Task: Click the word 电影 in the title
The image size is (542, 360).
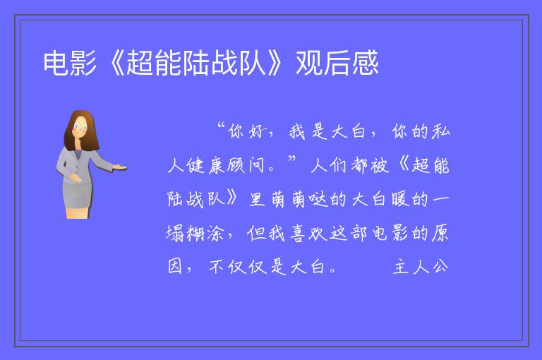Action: click(x=70, y=63)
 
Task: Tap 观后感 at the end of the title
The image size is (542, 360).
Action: click(x=337, y=63)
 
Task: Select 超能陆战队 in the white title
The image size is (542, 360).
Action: click(x=196, y=63)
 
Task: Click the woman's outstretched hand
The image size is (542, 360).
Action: click(x=119, y=167)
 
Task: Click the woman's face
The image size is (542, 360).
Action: click(x=80, y=127)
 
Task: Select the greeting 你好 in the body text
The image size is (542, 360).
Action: click(x=248, y=131)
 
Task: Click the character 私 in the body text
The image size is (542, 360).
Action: click(x=440, y=131)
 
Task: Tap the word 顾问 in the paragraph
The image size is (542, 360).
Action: click(x=246, y=165)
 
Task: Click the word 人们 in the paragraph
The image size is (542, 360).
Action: click(x=330, y=165)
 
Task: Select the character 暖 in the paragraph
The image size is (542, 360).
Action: click(x=401, y=199)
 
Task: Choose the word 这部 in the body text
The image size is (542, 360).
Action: click(x=349, y=233)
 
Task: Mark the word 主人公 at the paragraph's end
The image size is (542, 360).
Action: click(x=421, y=267)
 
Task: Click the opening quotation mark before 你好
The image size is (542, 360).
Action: click(x=222, y=126)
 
